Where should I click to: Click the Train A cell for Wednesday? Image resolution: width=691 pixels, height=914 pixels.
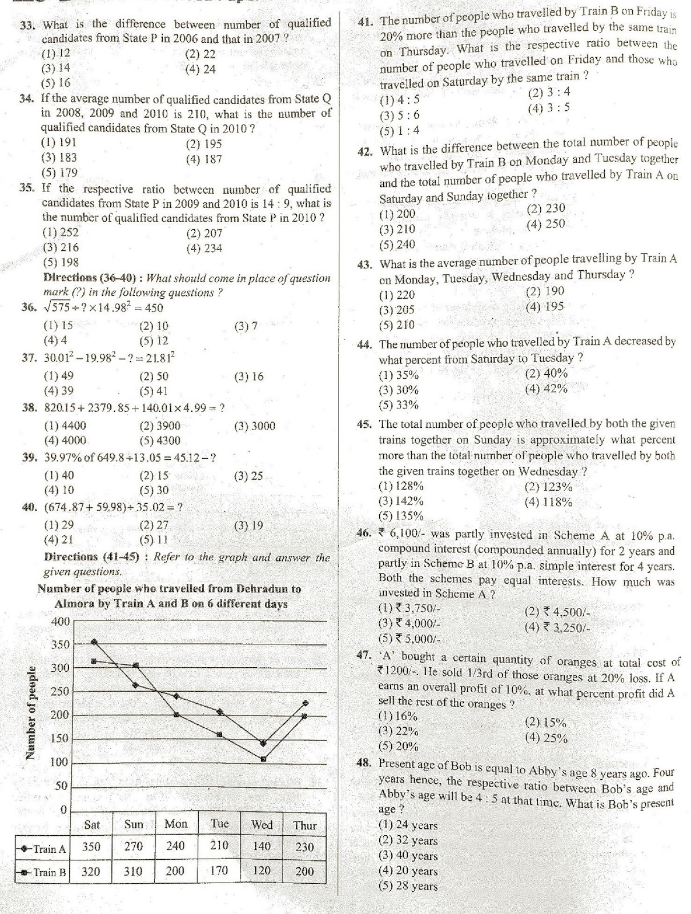pos(262,847)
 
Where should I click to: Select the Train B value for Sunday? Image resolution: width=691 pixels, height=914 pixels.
pos(133,871)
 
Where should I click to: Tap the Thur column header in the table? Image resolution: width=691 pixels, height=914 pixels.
pos(304,825)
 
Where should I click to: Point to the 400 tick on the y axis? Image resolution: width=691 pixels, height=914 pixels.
pos(59,621)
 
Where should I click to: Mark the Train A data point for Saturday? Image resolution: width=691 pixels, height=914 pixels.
pos(94,642)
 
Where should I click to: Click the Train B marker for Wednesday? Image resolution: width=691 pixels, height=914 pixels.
pos(263,759)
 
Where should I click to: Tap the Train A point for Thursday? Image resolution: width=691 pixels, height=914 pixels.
pos(305,703)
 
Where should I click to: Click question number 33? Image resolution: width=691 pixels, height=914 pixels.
pos(27,25)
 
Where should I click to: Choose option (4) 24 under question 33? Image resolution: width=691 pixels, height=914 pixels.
pos(200,70)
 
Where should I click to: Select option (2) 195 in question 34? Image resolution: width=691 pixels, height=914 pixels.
pos(203,144)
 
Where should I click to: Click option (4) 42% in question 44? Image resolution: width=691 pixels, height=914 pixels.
pos(546,389)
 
